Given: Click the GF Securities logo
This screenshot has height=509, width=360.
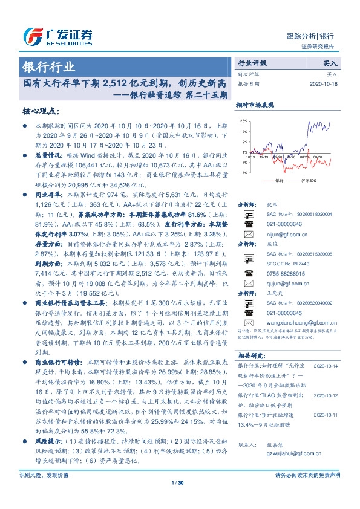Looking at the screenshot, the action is [57, 37].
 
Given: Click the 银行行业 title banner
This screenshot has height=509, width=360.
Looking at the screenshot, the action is [49, 66].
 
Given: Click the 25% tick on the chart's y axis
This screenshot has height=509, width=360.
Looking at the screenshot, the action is [243, 120].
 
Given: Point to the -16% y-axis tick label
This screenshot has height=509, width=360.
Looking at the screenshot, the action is [243, 173].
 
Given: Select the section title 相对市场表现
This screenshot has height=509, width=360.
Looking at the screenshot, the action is [254, 105].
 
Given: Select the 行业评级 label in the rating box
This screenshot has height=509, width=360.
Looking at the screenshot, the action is [252, 63].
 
